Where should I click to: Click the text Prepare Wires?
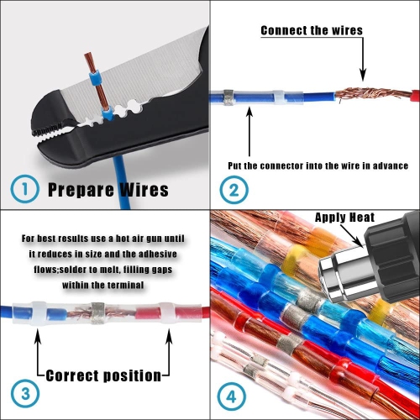pos(108,189)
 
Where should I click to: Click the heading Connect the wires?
pos(312,30)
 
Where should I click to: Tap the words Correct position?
pos(104,375)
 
